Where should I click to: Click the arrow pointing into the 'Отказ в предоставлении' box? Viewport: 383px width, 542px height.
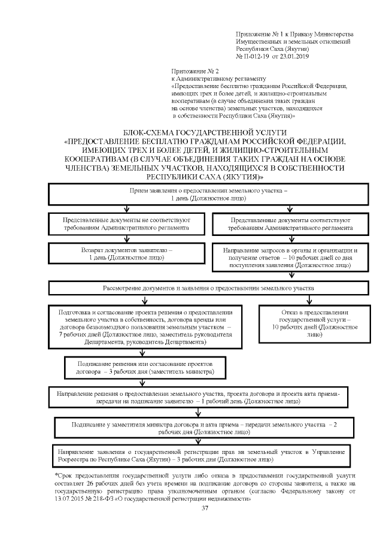309,300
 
